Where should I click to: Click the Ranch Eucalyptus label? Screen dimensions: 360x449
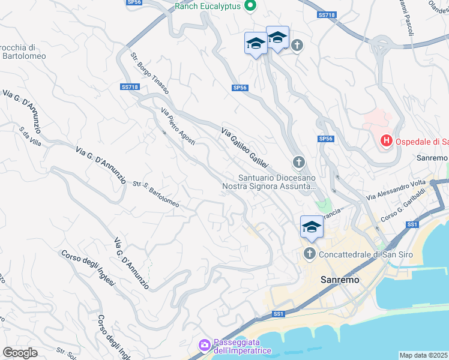tap(208, 6)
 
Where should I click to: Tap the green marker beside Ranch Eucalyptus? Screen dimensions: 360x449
tap(252, 6)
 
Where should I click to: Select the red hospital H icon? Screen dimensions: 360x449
tap(387, 142)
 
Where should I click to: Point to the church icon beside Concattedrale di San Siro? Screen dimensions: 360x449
tap(310, 254)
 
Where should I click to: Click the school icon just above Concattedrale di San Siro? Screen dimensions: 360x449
tap(312, 227)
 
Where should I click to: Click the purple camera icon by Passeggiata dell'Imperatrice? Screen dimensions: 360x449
tap(204, 345)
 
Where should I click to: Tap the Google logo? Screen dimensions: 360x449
tap(20, 353)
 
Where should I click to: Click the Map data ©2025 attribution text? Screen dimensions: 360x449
tap(424, 355)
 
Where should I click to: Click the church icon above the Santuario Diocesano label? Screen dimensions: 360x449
tap(298, 162)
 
